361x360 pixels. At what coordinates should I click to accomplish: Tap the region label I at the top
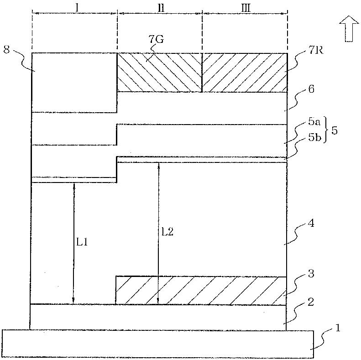(78, 8)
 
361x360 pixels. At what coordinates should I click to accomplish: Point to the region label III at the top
(246, 8)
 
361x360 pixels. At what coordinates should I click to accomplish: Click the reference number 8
(7, 50)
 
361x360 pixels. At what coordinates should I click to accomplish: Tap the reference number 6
(311, 90)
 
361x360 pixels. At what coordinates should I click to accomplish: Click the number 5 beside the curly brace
(335, 130)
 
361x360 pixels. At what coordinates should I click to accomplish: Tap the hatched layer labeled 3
(201, 290)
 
